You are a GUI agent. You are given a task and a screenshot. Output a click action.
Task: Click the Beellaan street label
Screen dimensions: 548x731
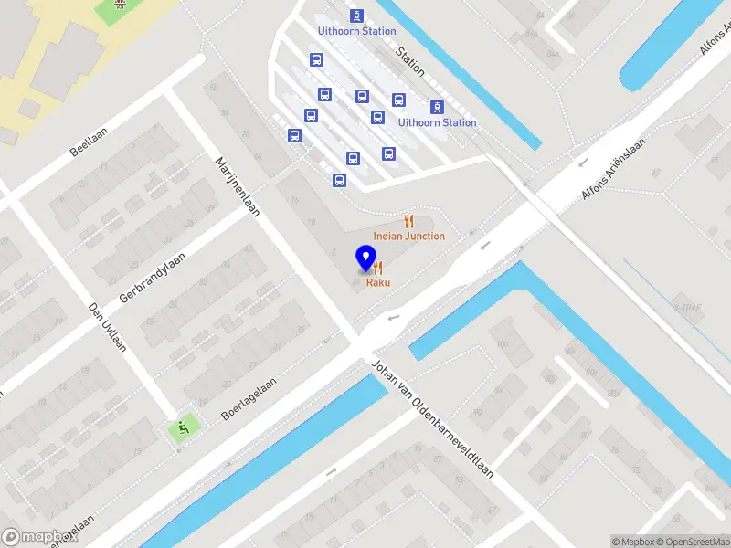(90, 142)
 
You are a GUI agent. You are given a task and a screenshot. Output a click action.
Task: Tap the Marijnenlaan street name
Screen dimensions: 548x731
(237, 185)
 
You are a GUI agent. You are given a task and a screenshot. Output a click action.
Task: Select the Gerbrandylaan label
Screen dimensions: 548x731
(152, 277)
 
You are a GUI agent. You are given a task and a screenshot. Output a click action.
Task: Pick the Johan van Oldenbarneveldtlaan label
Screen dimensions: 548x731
(431, 419)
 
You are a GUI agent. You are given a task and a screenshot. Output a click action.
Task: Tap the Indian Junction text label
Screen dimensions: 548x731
(408, 237)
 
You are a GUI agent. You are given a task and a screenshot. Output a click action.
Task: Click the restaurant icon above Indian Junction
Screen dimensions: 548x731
(408, 221)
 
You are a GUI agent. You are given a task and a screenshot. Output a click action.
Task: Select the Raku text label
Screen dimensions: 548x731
(379, 283)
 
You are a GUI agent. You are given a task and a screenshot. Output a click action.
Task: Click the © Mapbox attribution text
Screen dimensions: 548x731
(630, 542)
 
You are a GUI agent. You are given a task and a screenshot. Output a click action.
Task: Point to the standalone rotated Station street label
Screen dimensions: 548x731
(410, 60)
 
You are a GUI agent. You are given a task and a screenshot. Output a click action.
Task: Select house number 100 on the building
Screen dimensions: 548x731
(501, 344)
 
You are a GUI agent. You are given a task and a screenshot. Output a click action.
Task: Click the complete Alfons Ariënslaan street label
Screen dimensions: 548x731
(613, 170)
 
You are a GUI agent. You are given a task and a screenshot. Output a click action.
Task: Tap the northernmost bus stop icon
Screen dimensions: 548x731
(355, 16)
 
